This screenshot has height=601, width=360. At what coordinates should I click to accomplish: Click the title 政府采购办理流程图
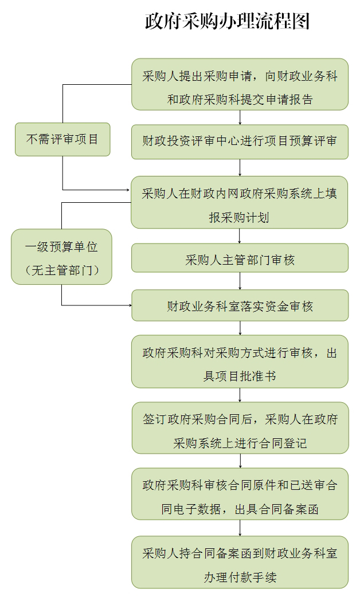click(x=227, y=21)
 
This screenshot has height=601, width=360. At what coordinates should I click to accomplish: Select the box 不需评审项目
click(x=62, y=139)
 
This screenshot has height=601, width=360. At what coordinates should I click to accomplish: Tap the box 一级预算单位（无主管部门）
click(x=61, y=257)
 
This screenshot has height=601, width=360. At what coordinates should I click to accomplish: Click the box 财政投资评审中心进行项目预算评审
click(x=240, y=142)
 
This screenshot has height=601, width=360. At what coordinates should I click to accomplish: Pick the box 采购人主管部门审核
click(x=240, y=260)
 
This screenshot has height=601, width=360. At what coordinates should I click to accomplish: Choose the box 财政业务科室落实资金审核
click(x=240, y=305)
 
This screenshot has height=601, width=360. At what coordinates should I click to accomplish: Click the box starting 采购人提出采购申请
click(x=240, y=84)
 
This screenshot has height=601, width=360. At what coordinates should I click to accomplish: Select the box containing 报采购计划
click(x=240, y=202)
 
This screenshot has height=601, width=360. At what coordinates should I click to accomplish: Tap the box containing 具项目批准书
click(x=240, y=362)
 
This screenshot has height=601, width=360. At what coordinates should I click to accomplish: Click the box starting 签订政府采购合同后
click(x=240, y=428)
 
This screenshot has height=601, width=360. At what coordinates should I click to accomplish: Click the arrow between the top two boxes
click(x=240, y=117)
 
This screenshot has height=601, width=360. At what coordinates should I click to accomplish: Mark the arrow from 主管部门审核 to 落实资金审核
click(x=240, y=281)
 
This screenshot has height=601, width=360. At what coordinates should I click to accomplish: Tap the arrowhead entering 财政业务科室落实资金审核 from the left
click(x=128, y=305)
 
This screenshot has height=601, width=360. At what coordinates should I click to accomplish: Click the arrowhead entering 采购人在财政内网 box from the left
click(x=128, y=190)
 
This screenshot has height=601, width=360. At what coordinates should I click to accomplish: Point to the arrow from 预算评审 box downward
click(x=240, y=168)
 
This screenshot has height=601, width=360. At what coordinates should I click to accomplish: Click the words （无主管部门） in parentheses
click(x=61, y=269)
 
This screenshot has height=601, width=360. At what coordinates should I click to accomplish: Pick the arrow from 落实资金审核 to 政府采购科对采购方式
click(x=240, y=328)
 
